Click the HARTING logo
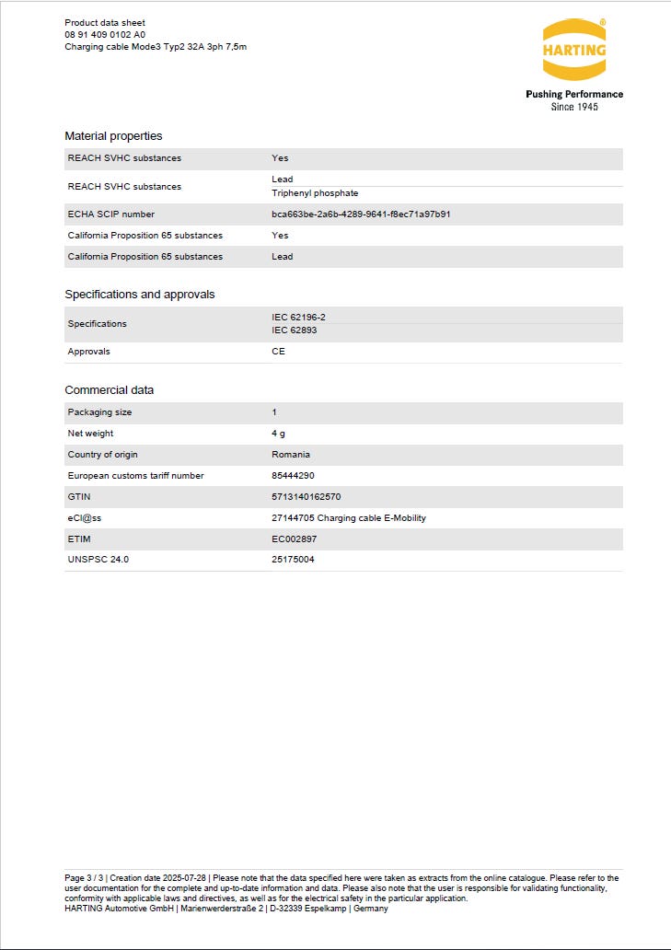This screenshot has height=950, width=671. tap(574, 50)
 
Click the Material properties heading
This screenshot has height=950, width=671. tap(113, 136)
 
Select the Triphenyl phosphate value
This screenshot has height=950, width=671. tap(315, 193)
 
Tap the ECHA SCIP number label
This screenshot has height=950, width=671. tap(111, 214)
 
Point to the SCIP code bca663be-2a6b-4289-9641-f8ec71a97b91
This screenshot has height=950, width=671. tap(361, 214)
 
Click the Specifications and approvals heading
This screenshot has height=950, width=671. tap(139, 295)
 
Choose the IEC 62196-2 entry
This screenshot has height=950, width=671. tap(299, 317)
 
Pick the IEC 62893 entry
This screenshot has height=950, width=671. tap(295, 330)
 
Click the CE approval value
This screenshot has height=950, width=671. tap(278, 352)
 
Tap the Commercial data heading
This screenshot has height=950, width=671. tap(109, 390)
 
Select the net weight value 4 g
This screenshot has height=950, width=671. tap(278, 434)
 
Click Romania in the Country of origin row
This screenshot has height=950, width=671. tap(291, 455)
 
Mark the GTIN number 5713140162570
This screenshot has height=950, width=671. tap(307, 497)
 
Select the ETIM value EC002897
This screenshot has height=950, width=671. tap(294, 539)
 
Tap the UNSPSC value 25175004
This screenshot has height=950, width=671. tap(293, 560)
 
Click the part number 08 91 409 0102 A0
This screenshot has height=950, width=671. tap(105, 34)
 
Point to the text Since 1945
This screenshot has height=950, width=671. tap(574, 107)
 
